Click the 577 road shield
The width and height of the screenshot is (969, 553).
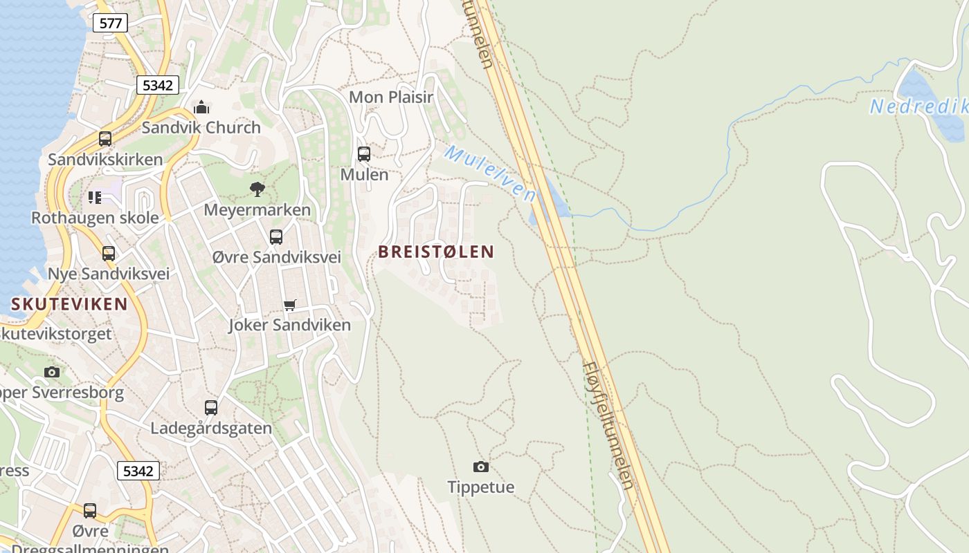(110, 24)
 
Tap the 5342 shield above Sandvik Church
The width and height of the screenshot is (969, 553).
(158, 86)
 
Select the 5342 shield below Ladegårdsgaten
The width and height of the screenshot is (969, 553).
(138, 471)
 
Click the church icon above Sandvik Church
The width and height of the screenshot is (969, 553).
(201, 107)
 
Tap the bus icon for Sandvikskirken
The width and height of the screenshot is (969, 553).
(105, 139)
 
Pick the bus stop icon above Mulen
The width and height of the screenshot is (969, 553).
(364, 154)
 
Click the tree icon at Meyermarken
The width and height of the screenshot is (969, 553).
(257, 189)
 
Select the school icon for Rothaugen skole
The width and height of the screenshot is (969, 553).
(95, 198)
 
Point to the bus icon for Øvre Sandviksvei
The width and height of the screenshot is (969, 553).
(276, 237)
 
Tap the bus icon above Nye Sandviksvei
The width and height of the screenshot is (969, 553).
(109, 254)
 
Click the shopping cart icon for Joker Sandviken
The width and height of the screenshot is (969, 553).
(290, 305)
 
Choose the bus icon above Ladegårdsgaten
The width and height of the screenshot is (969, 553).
(211, 408)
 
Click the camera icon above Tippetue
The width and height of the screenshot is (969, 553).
(481, 467)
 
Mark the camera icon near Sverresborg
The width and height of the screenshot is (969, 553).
(52, 373)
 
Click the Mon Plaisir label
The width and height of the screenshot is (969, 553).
(391, 97)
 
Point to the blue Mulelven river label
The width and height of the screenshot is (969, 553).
(490, 173)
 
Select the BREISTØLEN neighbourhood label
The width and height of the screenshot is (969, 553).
(436, 252)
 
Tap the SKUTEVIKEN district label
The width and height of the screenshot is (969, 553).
(69, 304)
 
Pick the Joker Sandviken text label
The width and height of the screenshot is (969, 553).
(290, 325)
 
